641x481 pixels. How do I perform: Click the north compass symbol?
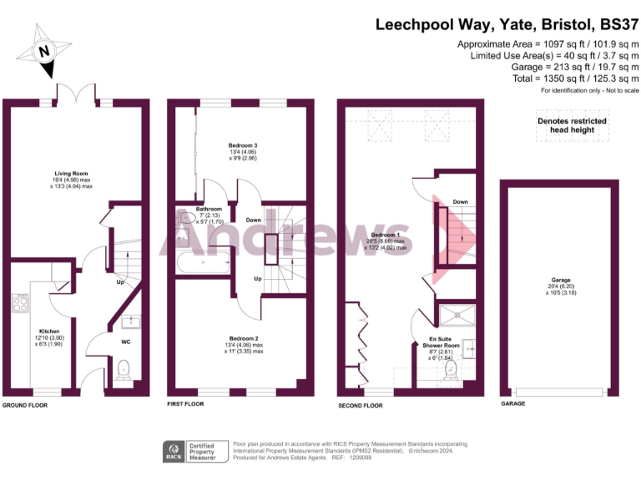tap(45, 52)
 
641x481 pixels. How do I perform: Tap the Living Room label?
tap(71, 175)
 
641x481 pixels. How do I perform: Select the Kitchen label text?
tap(48, 332)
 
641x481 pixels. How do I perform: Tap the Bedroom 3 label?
tap(243, 145)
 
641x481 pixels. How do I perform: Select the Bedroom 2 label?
tap(243, 338)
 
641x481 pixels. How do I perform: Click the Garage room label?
tap(560, 281)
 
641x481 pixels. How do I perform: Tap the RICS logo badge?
tap(176, 451)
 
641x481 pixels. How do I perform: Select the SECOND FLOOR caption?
tap(361, 405)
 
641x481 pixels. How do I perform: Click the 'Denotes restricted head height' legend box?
tap(572, 125)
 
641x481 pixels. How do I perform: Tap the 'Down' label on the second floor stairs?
tap(460, 202)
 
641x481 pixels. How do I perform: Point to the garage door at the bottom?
tap(558, 392)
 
